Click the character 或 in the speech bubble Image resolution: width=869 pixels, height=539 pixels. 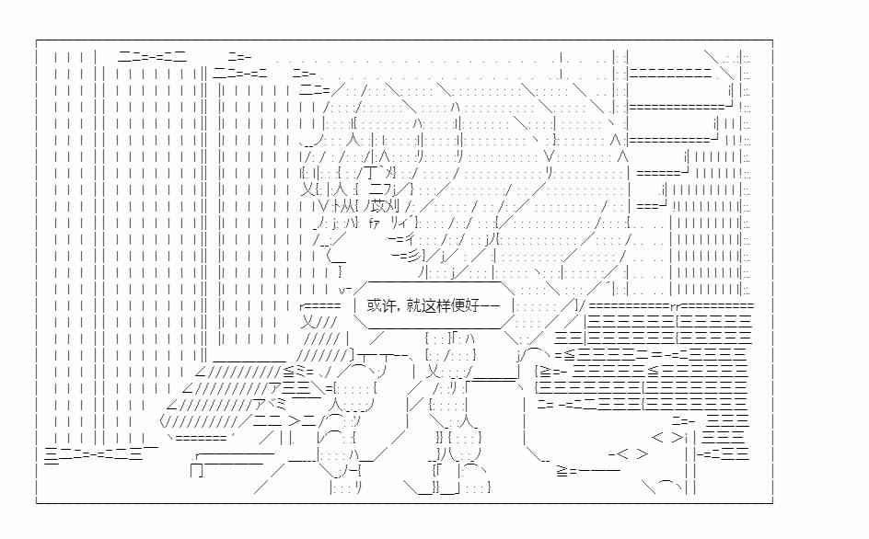pos(374,305)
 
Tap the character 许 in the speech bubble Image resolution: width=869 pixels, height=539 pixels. pos(388,305)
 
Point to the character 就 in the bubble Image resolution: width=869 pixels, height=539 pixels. pos(413,305)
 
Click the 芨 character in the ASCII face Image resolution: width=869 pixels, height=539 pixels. pos(378,207)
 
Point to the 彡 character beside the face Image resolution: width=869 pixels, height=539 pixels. pos(414,256)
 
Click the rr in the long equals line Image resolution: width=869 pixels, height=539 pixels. pos(675,305)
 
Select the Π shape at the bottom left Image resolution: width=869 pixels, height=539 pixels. pos(197,470)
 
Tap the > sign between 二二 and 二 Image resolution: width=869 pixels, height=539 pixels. pos(294,421)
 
